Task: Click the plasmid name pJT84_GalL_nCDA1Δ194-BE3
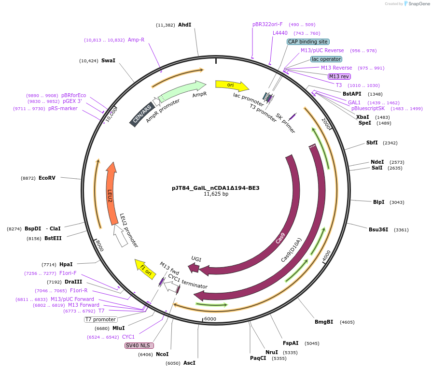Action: click(216, 188)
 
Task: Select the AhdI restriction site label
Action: click(184, 25)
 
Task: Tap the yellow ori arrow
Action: click(232, 86)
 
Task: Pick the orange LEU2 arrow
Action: click(111, 193)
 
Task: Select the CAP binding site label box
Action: click(308, 42)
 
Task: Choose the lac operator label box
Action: click(326, 59)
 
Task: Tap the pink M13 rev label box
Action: click(339, 76)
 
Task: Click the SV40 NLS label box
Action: click(139, 345)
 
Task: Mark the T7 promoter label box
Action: click(100, 319)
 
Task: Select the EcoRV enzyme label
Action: click(47, 178)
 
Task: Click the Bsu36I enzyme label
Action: click(378, 229)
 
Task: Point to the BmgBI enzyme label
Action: click(324, 322)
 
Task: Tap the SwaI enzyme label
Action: click(108, 61)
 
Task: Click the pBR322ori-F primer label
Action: click(267, 24)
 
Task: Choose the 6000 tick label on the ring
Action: click(210, 319)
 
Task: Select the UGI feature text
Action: click(196, 259)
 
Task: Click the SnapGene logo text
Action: click(418, 4)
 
